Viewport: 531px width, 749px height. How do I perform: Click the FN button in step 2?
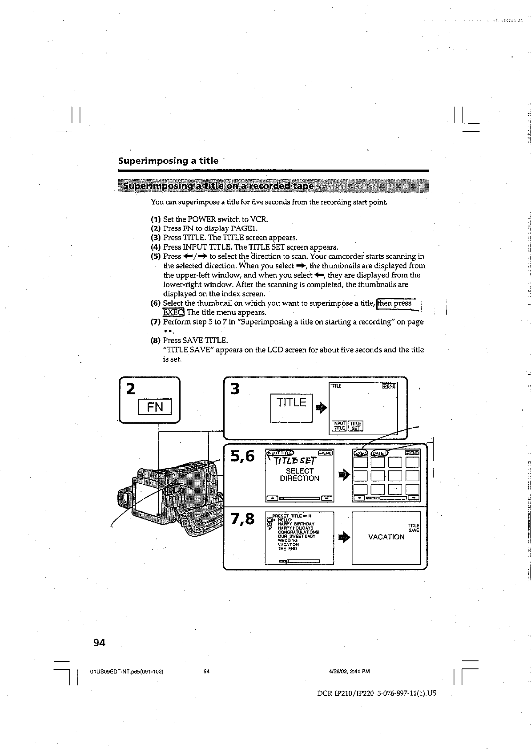[x=155, y=407]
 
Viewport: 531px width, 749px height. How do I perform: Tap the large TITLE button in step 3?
[x=291, y=403]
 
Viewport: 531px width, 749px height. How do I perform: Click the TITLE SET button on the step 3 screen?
[x=356, y=426]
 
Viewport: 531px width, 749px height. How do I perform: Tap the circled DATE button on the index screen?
[x=379, y=453]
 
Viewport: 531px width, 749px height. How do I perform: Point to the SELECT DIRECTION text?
[x=299, y=474]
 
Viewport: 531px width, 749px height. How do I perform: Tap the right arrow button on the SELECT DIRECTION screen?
[x=327, y=498]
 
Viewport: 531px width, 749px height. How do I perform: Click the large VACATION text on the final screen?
[x=386, y=537]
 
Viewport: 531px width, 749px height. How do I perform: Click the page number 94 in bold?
[x=99, y=642]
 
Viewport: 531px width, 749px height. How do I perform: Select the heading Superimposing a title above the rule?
[x=168, y=161]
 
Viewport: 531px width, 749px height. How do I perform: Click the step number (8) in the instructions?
[x=155, y=340]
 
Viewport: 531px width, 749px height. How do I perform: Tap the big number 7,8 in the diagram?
[x=242, y=519]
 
